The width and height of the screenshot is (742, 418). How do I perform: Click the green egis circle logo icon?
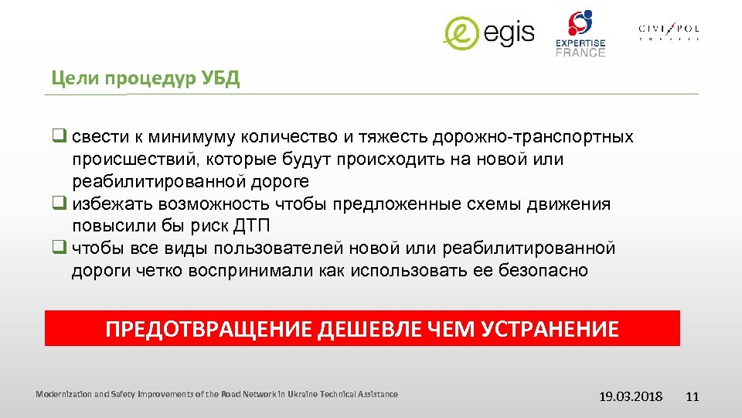(x=462, y=33)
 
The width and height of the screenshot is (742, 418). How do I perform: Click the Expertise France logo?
(x=580, y=34)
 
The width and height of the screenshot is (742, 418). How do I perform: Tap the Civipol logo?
(x=669, y=32)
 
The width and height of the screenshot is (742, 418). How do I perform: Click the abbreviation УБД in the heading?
(x=222, y=79)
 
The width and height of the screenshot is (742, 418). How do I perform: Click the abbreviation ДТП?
(x=257, y=226)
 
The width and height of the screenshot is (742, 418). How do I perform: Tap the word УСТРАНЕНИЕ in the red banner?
(x=550, y=330)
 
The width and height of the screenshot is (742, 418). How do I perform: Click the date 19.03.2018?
(x=631, y=396)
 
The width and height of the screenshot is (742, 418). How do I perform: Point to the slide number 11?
(x=692, y=396)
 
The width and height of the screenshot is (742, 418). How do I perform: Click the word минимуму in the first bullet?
(x=202, y=137)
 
